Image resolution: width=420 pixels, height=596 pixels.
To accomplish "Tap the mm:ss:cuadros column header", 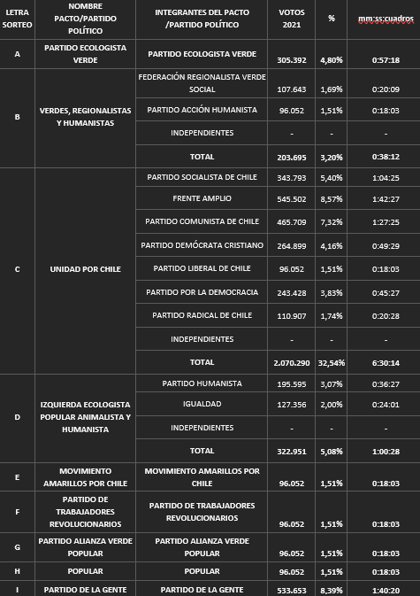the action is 386,18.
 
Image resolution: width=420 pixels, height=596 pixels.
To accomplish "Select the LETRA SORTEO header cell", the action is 17,18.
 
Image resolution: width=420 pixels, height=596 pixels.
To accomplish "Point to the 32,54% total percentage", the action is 331,363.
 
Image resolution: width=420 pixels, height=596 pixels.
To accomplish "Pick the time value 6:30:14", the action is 386,363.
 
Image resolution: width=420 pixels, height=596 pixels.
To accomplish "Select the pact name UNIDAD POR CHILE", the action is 85,268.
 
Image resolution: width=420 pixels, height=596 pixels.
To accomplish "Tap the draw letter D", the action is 17,416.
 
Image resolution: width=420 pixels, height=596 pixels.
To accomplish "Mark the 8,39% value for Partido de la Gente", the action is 331,590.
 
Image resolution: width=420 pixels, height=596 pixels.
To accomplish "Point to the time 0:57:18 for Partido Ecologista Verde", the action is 386,60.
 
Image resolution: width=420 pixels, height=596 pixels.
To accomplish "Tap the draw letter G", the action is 17,546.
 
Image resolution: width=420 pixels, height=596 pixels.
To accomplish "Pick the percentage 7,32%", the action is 331,221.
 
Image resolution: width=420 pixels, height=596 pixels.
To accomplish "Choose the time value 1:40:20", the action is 386,590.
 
